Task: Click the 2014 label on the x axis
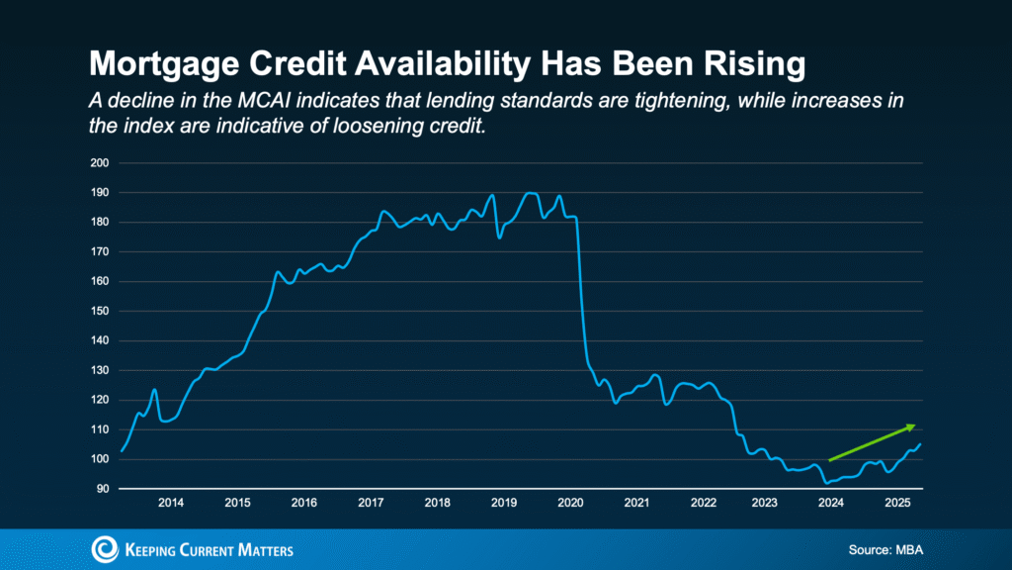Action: [x=171, y=503]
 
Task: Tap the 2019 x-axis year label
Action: [x=504, y=503]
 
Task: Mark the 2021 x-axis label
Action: [x=637, y=503]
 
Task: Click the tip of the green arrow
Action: [x=915, y=426]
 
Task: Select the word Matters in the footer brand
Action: [x=258, y=549]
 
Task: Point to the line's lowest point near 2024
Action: [x=826, y=482]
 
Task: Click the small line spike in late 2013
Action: [x=154, y=390]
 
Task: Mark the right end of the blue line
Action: [x=921, y=443]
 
